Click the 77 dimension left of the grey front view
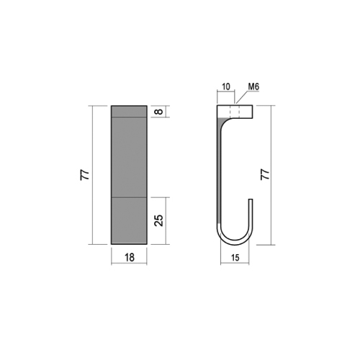84,175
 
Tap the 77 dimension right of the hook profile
264,175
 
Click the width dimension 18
128,257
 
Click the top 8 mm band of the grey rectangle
128,112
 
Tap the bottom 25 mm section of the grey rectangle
128,220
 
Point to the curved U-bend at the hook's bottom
235,240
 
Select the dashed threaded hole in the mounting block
232,112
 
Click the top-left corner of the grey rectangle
112,106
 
